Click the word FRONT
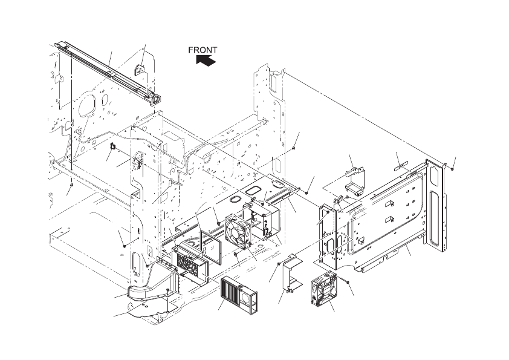[203, 51]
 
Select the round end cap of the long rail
[157, 98]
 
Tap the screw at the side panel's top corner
[453, 169]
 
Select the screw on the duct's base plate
[167, 291]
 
